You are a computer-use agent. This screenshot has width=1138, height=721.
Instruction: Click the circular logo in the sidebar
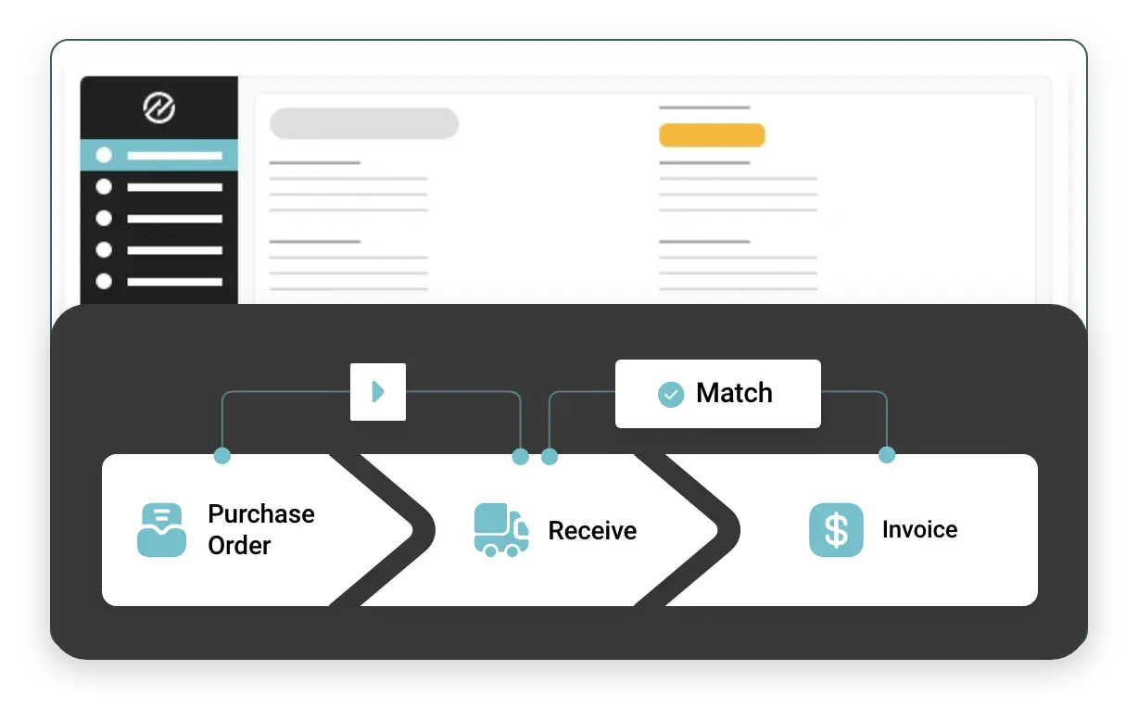159,108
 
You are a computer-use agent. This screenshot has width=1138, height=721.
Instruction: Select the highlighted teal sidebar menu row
159,156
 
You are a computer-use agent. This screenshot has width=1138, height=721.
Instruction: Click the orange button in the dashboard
712,135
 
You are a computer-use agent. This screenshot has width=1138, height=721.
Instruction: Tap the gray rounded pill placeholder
364,123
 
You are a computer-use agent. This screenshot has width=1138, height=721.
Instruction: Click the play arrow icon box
378,392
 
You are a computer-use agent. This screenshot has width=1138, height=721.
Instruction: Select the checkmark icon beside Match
671,394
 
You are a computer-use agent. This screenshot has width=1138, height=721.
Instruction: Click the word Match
734,393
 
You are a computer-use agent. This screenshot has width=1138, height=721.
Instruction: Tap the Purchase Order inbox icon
161,530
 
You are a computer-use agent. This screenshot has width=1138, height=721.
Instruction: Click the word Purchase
261,514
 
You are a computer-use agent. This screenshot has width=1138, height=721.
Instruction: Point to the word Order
239,546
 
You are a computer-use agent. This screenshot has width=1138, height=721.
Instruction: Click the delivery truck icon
501,530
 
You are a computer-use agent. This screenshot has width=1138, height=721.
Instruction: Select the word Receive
592,531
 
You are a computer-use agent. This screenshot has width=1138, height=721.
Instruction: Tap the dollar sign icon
836,530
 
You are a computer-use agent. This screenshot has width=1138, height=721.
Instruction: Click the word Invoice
919,530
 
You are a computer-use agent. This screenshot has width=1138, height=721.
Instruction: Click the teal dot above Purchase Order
222,455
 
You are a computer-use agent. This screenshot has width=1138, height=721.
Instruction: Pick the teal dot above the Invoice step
887,455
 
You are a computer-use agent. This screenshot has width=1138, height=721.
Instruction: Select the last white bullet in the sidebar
104,281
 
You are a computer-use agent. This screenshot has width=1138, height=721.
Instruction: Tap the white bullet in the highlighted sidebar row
104,156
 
